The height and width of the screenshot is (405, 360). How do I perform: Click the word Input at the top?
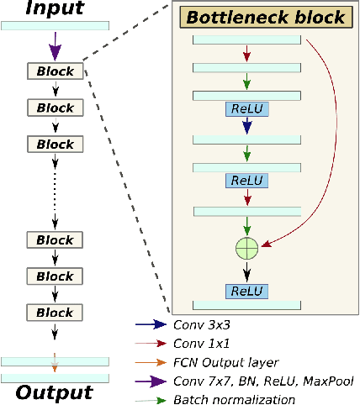[x=55, y=9]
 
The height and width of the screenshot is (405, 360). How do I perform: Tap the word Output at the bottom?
[x=55, y=393]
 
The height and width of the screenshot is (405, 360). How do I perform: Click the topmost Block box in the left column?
[x=55, y=71]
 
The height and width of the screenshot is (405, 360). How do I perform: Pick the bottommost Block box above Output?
[x=55, y=313]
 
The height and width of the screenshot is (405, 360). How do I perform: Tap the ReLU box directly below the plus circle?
[x=246, y=291]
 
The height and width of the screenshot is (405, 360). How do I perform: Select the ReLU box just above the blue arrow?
[x=246, y=109]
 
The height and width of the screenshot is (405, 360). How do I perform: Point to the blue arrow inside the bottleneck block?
[x=246, y=128]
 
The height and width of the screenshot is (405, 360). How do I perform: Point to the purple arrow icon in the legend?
[x=152, y=380]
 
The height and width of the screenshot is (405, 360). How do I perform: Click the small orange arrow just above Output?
[x=55, y=367]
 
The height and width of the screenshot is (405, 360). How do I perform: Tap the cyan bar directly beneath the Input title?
[x=55, y=25]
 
